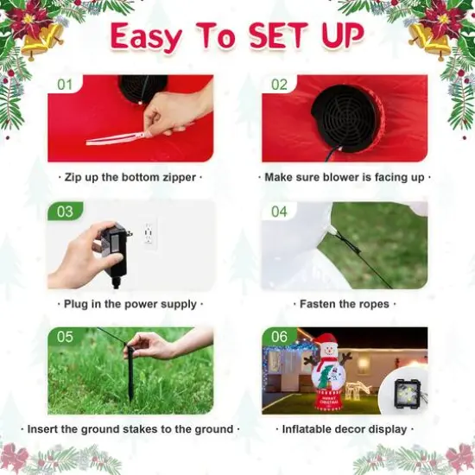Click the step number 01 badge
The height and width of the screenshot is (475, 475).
point(65,85)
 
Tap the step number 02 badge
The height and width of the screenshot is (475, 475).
point(279,85)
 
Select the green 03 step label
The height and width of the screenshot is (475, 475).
point(65,212)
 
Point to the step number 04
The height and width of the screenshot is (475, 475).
point(279,212)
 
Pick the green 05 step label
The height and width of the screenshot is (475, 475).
point(65,337)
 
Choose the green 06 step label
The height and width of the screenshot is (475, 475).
point(279,337)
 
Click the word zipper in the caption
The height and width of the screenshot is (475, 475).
point(180,178)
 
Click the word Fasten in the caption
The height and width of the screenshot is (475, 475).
point(316,304)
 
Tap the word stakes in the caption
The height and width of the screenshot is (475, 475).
point(140,429)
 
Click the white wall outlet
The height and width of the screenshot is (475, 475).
point(149,233)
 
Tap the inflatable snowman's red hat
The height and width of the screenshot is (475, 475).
point(326,341)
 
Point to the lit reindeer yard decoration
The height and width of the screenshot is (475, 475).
point(358,388)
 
